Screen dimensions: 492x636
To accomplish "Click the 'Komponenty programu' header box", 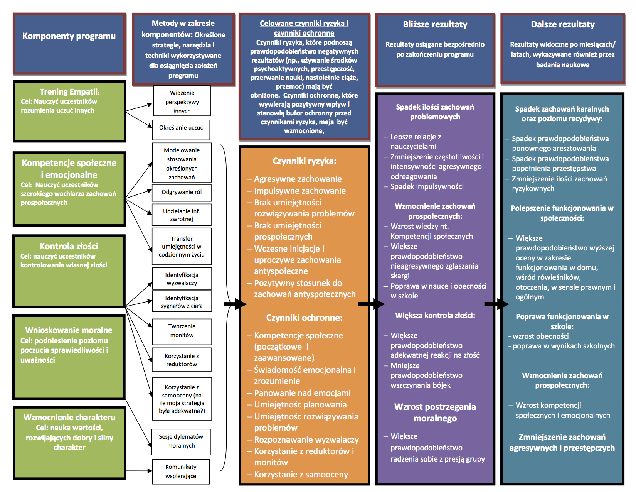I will tap(69, 43).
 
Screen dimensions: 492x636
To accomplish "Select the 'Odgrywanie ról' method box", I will tap(182, 192).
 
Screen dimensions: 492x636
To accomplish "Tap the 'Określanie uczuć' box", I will tap(181, 128).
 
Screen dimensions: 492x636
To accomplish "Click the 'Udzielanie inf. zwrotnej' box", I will tap(182, 215).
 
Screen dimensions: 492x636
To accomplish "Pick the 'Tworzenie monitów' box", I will tap(182, 331).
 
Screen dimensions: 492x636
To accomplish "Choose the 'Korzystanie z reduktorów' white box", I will tap(182, 360).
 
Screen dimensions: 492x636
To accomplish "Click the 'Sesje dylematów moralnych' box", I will tap(181, 441).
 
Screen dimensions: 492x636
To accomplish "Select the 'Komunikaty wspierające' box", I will tap(181, 472).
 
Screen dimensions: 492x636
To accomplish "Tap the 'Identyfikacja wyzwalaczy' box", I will tap(182, 279).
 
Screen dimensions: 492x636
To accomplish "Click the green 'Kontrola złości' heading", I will tap(69, 246).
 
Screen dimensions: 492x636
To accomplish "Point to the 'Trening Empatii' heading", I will tap(69, 92).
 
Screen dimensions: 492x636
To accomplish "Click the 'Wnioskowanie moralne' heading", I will tap(69, 330).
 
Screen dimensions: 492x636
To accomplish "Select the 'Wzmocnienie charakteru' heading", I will tap(69, 418).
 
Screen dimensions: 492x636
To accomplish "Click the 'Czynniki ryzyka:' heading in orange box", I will tap(304, 161).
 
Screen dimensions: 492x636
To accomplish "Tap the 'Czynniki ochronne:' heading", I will tap(304, 318).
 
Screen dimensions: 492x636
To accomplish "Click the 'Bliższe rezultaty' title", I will tap(435, 25).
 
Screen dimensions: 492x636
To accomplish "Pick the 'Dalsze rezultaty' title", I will tap(562, 25).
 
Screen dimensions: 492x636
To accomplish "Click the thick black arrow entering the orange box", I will tap(235, 304).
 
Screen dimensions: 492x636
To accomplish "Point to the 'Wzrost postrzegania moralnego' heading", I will tap(435, 413).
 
